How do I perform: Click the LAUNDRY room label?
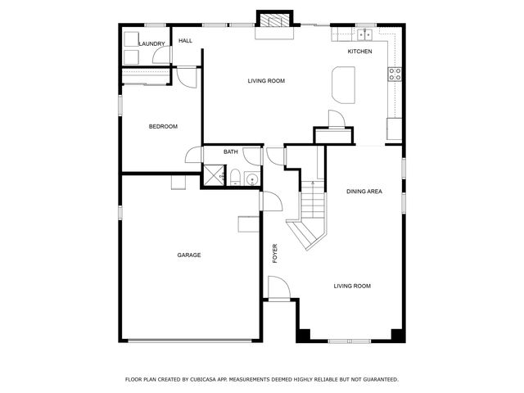coord(152,43)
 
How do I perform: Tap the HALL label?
coord(186,41)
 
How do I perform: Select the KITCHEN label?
coord(360,52)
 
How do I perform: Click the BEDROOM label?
coord(163,126)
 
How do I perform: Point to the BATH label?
coord(231,151)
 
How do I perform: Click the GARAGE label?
coord(189,255)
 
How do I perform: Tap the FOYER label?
coord(275,253)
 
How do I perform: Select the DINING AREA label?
coord(364,192)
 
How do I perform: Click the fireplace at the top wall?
coord(273,21)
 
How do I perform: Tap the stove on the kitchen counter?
coord(395,74)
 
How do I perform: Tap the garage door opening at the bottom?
coord(190,340)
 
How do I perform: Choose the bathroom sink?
coord(251,178)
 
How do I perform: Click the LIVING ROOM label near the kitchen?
coord(266,80)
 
